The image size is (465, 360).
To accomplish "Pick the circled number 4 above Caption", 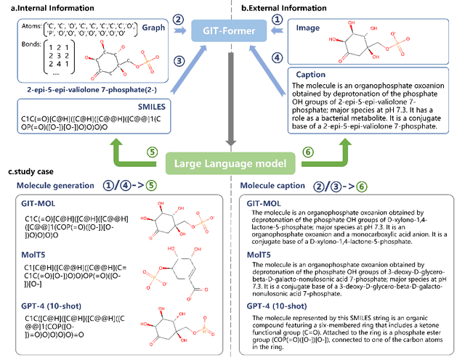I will click(x=277, y=57).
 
